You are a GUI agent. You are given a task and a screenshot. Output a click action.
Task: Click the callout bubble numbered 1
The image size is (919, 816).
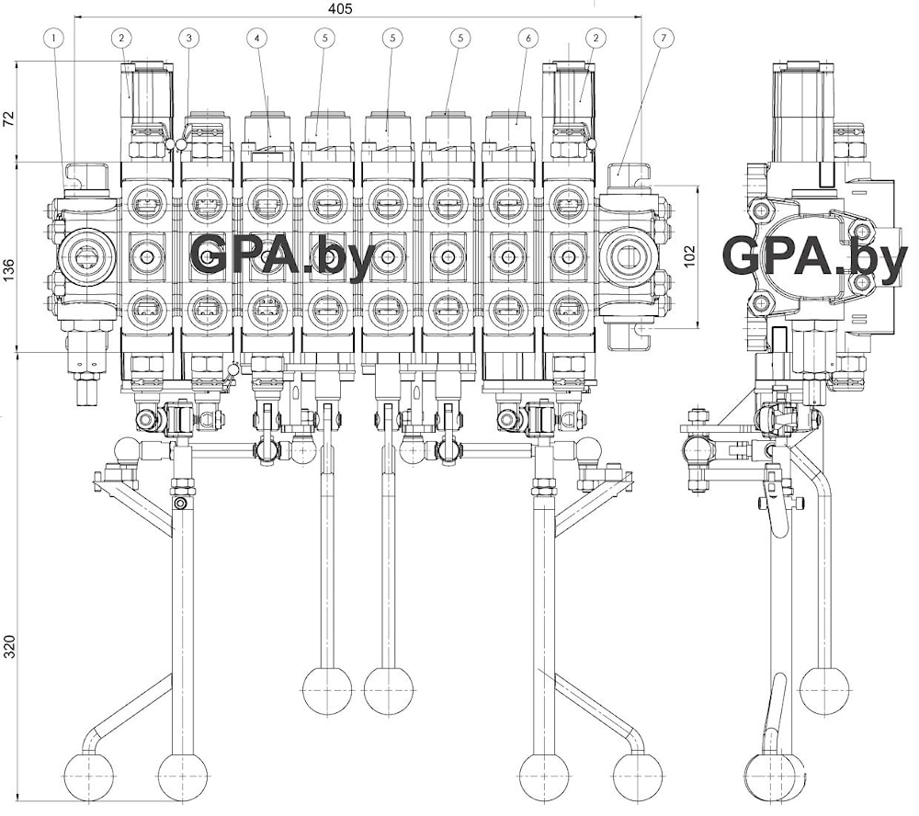(55, 38)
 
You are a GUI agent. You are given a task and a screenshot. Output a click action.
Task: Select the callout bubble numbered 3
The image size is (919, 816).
(189, 38)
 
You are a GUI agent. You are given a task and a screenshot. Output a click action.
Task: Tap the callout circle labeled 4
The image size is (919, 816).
(257, 38)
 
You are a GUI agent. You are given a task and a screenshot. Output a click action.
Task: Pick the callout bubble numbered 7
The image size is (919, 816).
(664, 38)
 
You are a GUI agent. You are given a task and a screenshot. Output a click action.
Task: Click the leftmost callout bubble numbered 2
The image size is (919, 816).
(121, 38)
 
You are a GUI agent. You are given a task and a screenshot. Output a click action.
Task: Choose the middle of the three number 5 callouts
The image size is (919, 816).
(392, 38)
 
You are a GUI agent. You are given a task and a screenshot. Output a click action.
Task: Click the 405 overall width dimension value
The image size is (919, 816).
(340, 8)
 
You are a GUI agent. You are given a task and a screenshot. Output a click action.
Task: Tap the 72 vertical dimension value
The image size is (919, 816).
(9, 117)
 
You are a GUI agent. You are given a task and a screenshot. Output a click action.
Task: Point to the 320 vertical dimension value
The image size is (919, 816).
(9, 646)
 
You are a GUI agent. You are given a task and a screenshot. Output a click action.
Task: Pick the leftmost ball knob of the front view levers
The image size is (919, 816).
(88, 777)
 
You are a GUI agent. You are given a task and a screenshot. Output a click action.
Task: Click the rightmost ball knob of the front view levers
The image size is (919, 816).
(637, 777)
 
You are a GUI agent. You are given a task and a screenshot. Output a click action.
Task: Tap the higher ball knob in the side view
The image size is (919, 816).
(824, 690)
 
